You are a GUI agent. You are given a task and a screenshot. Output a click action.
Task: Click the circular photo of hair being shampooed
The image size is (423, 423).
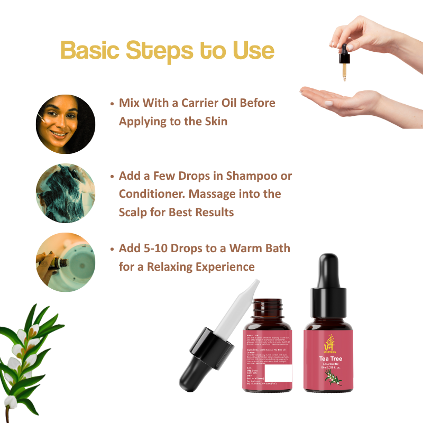coord(66,193)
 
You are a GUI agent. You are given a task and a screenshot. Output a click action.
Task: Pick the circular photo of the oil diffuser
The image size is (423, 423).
coord(66,262)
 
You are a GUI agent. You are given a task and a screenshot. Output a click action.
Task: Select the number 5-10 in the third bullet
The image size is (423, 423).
coord(161,248)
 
